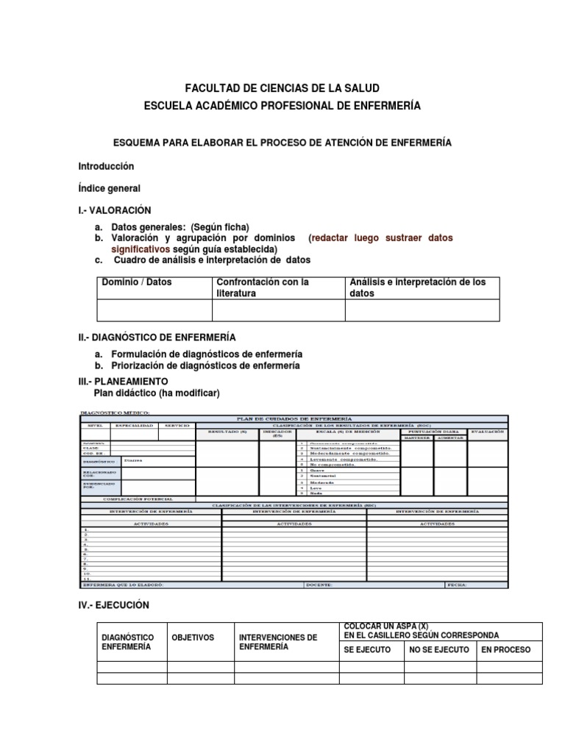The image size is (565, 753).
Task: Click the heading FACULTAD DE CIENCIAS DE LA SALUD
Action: click(282, 88)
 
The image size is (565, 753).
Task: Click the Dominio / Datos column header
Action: click(137, 282)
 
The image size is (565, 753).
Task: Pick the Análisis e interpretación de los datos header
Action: click(418, 288)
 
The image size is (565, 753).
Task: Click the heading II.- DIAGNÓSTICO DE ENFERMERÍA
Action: click(157, 337)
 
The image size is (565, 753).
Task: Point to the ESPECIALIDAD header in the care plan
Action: click(132, 426)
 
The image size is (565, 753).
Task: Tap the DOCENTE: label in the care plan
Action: click(319, 585)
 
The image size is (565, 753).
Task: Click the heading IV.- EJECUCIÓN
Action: click(113, 605)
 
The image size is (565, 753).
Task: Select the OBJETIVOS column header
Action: click(193, 638)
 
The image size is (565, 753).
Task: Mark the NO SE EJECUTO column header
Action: click(438, 650)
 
